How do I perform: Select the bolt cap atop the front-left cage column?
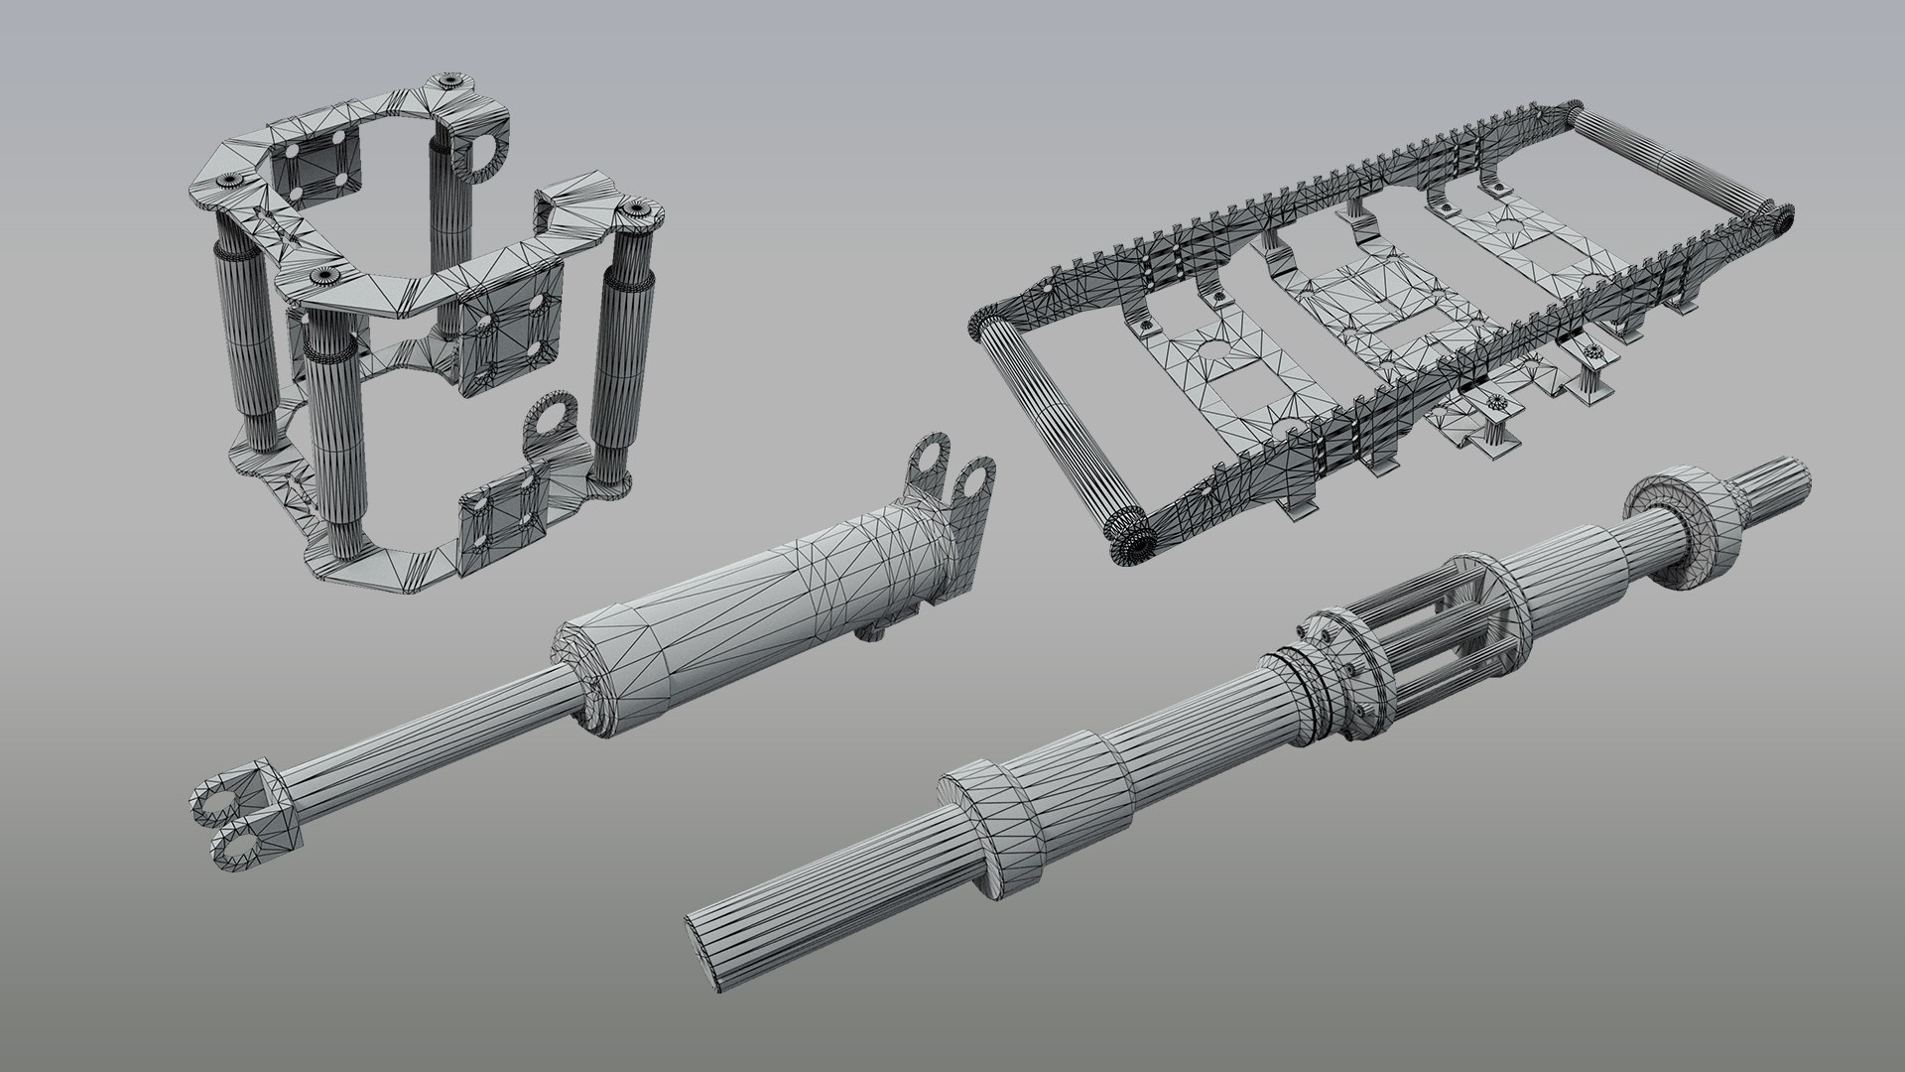point(319,278)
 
